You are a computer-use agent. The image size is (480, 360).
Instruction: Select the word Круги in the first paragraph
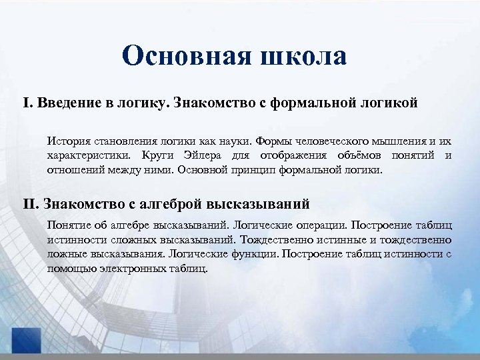click(x=158, y=155)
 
